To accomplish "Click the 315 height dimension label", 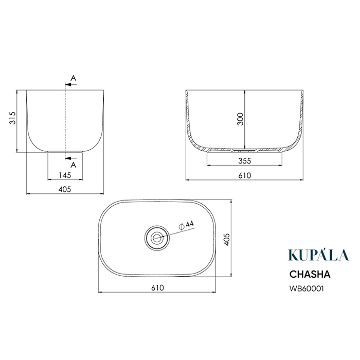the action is click(x=12, y=118).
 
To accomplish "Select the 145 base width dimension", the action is click(x=65, y=175).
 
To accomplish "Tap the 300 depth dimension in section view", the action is click(x=240, y=119).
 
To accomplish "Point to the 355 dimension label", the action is click(x=244, y=161).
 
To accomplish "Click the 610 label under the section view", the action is click(x=244, y=176).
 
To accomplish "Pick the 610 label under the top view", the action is click(x=157, y=287).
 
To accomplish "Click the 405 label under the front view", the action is click(x=65, y=189).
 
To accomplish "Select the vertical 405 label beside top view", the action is click(x=226, y=240).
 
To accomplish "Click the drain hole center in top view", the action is click(x=157, y=238).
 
